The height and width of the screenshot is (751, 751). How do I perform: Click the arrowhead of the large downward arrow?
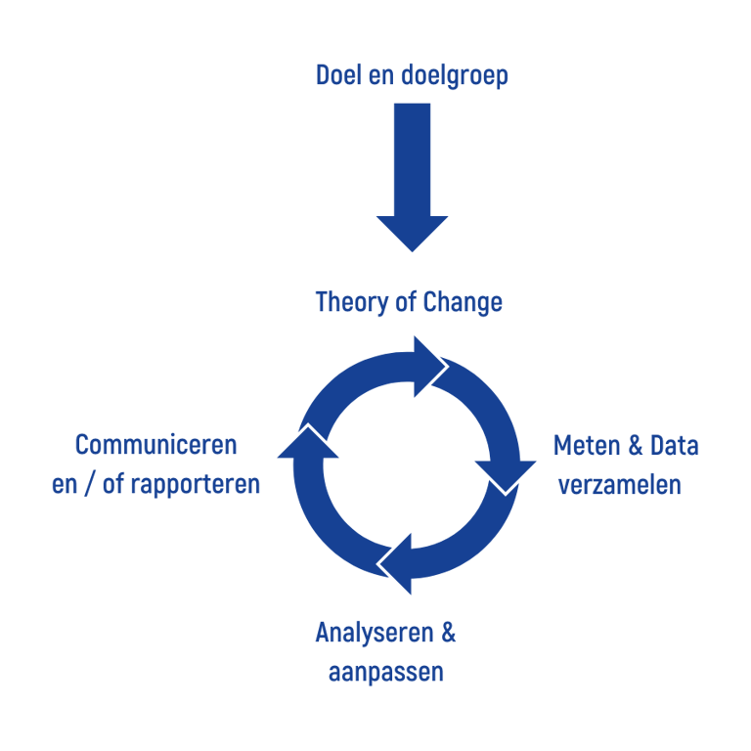coord(412,232)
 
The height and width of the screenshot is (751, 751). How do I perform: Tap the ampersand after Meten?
coord(634,447)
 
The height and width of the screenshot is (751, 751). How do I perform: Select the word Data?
coord(675,446)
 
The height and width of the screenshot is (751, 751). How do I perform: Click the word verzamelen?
coord(620,484)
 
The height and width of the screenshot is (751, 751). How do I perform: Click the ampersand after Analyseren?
coord(448,633)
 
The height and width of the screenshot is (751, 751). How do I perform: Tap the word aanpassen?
coord(386,673)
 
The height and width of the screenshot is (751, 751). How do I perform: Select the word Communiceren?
coord(156,446)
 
